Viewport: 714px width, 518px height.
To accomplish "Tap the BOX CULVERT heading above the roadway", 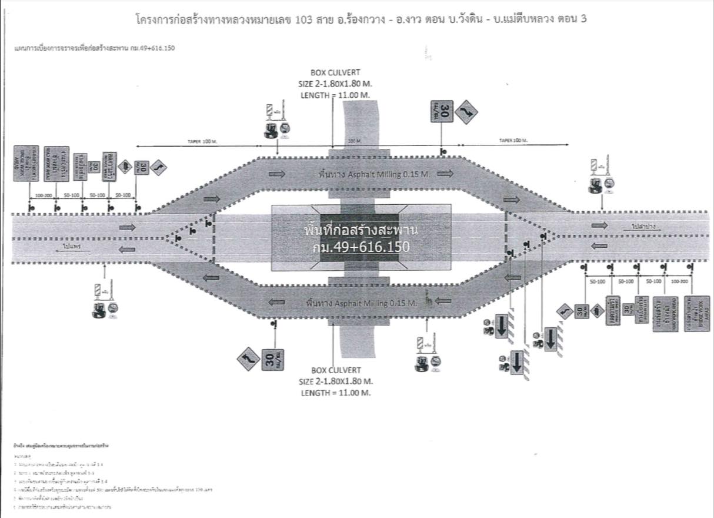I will (335, 74).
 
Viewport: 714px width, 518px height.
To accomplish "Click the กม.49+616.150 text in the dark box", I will (361, 247).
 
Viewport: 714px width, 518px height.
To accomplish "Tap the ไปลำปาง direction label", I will (645, 226).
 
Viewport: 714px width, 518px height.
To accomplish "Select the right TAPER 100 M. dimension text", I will (513, 141).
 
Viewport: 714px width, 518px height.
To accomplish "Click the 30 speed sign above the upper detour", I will (445, 111).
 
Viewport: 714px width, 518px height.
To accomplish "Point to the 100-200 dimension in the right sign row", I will (679, 282).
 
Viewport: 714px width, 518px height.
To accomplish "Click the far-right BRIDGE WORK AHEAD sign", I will (685, 313).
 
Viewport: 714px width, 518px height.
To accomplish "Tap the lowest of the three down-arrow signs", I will (517, 361).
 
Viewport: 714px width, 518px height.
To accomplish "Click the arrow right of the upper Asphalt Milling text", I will (445, 174).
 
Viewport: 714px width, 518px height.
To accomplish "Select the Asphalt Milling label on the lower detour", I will (361, 303).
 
